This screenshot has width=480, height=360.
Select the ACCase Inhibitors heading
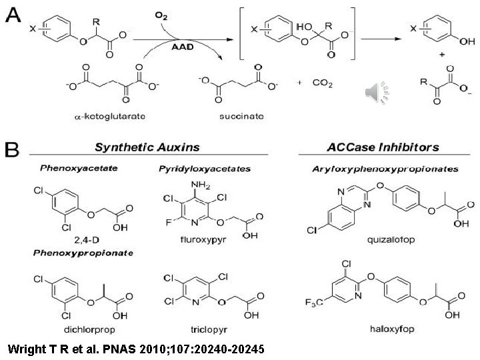pos(379,145)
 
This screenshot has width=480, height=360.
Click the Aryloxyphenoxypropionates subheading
pos(385,169)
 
